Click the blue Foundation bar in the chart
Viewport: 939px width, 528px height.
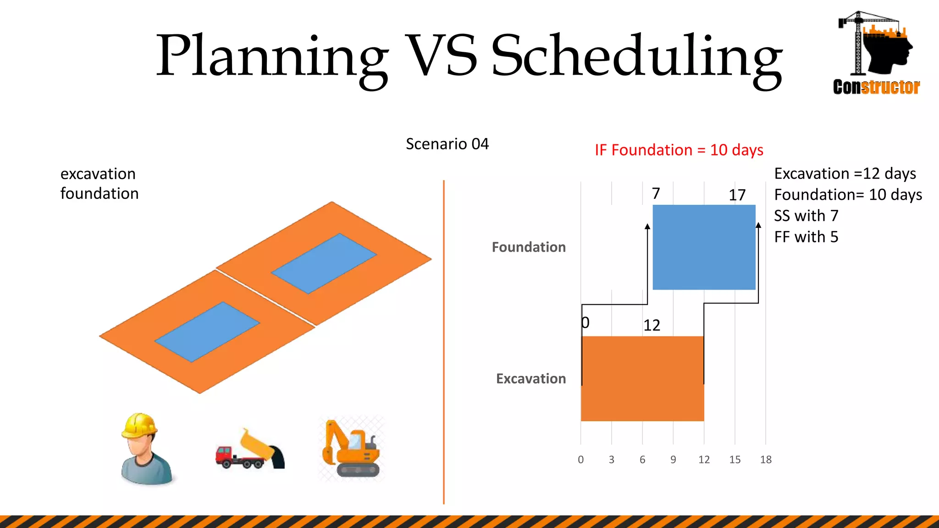pyautogui.click(x=704, y=247)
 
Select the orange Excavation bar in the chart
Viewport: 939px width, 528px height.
pyautogui.click(x=642, y=379)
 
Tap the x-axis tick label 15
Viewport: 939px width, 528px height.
pyautogui.click(x=735, y=460)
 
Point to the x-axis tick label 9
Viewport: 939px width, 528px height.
pyautogui.click(x=673, y=460)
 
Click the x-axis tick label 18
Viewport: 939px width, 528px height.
pyautogui.click(x=766, y=460)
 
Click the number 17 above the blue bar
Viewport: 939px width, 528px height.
pyautogui.click(x=737, y=195)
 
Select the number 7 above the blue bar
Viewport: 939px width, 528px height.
pyautogui.click(x=656, y=193)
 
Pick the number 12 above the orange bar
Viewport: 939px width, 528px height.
pyautogui.click(x=652, y=325)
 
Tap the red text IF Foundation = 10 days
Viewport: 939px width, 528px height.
pyautogui.click(x=679, y=150)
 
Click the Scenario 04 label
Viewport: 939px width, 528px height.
pyautogui.click(x=447, y=144)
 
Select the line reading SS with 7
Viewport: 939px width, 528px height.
pyautogui.click(x=806, y=216)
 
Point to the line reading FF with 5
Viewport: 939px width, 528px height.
pyautogui.click(x=806, y=237)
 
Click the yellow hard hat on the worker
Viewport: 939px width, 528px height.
pyautogui.click(x=139, y=425)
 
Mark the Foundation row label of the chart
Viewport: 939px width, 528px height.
pyautogui.click(x=529, y=247)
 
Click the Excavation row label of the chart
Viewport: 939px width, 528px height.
pyautogui.click(x=531, y=379)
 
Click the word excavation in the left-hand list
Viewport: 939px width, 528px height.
pyautogui.click(x=98, y=174)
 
